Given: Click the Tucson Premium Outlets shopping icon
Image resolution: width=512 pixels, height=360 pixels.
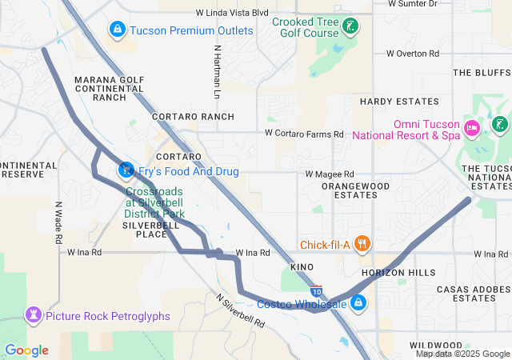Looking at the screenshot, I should (118, 30).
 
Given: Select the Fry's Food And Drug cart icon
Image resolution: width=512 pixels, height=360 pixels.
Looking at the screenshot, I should (126, 170).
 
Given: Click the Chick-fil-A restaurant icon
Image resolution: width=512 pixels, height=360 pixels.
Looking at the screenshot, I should (362, 243).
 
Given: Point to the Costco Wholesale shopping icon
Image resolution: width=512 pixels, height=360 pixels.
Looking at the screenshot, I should (358, 303).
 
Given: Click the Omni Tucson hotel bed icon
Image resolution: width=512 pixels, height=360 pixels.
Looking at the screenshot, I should (472, 126).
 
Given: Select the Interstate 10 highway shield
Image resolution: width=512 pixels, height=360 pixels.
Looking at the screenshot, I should (317, 290).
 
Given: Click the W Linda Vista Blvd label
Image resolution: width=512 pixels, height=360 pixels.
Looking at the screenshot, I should (232, 13).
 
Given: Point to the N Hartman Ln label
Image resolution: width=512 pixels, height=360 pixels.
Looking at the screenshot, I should (217, 71).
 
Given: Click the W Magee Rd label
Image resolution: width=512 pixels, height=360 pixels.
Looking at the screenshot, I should (330, 174).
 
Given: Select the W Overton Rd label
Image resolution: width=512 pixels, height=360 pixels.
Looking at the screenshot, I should (413, 54).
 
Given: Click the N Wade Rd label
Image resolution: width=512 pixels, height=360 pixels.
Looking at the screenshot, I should (58, 222).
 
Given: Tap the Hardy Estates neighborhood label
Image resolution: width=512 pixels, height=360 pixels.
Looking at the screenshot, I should (399, 102).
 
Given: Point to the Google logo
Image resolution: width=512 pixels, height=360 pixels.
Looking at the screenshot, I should (26, 350).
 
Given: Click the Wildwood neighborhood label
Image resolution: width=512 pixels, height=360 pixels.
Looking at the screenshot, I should (436, 345).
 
